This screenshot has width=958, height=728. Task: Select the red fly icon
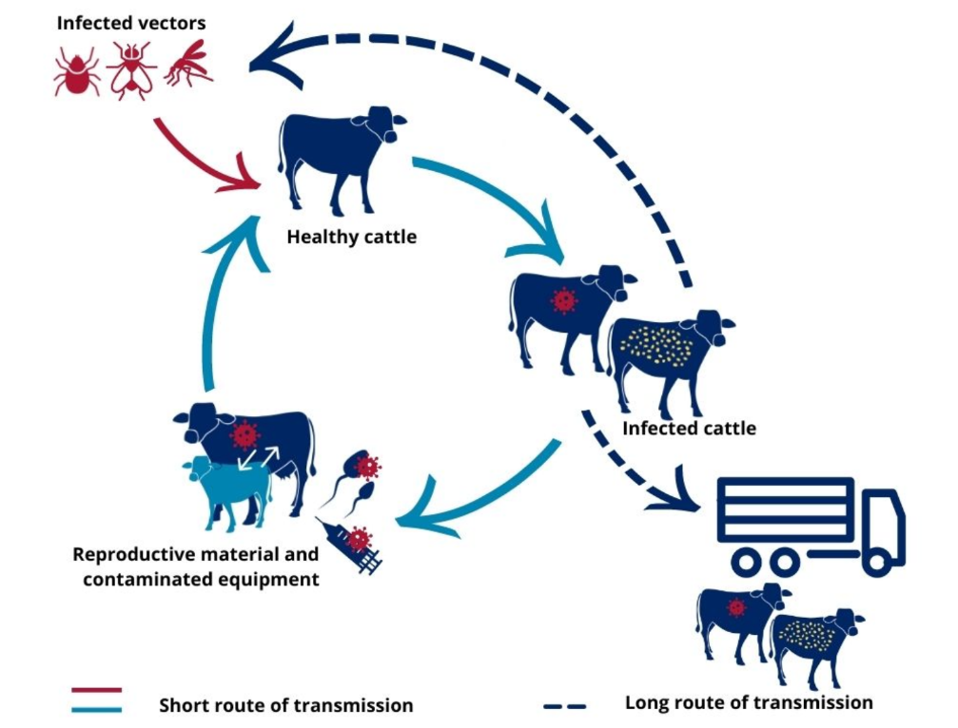(131, 70)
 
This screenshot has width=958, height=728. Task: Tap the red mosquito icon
(188, 64)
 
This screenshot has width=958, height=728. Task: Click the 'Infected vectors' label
(130, 23)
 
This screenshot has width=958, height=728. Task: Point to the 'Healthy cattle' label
(351, 237)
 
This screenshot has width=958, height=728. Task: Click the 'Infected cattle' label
(689, 429)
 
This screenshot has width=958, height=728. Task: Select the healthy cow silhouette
(341, 159)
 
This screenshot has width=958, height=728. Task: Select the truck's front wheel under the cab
(878, 562)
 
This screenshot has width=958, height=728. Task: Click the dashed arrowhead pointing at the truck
(675, 491)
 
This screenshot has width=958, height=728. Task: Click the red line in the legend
(96, 690)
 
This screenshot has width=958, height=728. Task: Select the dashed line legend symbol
(564, 707)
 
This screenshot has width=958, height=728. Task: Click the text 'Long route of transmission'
(749, 702)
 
